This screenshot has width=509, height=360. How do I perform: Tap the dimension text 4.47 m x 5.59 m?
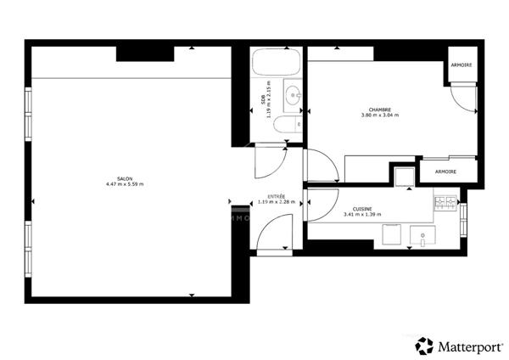(125, 184)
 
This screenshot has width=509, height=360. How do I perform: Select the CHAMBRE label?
(380, 109)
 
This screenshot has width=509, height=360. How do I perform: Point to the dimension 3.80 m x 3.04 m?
(380, 115)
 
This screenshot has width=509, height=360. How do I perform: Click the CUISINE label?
(364, 209)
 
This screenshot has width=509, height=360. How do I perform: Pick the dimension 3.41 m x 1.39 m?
(364, 215)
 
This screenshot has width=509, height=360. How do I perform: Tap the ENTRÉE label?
(277, 196)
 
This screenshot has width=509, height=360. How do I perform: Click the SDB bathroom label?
(263, 100)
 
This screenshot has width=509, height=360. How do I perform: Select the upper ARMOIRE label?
(461, 65)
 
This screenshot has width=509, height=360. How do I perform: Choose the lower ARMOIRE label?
(445, 172)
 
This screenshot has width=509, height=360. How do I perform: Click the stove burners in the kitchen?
(445, 204)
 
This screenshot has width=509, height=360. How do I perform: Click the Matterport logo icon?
(425, 345)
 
